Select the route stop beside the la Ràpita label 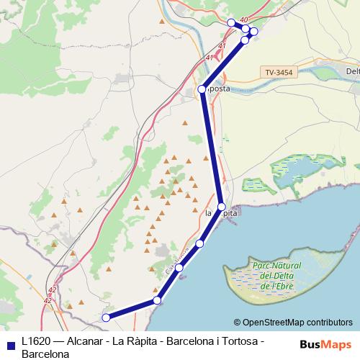[x=222, y=207]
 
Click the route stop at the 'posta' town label [x=202, y=89]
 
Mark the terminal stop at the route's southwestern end [x=106, y=318]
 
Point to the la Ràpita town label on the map [x=222, y=214]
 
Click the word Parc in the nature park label [x=262, y=265]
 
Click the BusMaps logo [x=324, y=344]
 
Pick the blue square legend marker [x=9, y=343]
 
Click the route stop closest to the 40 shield [x=246, y=29]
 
